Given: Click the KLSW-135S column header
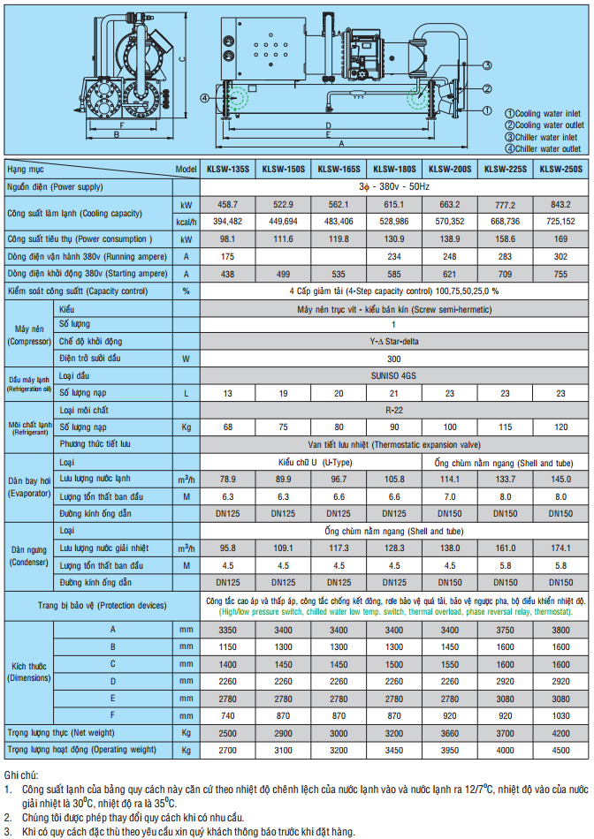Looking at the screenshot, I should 229,168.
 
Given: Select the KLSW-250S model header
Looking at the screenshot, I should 561,168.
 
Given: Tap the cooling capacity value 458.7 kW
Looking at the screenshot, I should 229,204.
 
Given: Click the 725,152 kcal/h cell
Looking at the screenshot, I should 561,221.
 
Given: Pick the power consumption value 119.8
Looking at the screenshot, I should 339,238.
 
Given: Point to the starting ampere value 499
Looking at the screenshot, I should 285,274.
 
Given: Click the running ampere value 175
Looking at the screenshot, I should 229,256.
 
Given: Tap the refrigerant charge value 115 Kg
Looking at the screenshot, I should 506,427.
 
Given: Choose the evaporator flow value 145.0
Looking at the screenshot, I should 561,479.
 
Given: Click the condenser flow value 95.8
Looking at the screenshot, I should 229,548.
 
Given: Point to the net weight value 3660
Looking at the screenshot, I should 451,732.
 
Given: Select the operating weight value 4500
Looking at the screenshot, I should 561,749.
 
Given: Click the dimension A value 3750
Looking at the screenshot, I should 506,629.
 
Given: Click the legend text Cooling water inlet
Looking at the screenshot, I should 548,114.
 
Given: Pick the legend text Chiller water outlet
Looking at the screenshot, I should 548,148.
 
